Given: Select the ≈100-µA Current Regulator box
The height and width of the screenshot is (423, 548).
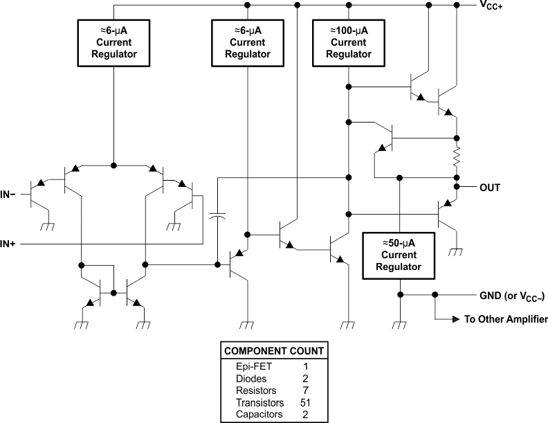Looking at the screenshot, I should [x=348, y=43].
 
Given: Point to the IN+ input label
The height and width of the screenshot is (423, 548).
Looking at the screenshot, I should [x=10, y=244].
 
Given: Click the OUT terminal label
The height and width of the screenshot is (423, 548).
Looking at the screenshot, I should [x=489, y=188].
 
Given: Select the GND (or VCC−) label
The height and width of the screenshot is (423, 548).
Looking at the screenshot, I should [x=512, y=296].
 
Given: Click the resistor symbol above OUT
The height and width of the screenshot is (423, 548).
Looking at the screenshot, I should [x=457, y=159].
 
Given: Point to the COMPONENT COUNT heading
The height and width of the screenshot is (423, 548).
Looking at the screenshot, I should [x=273, y=351].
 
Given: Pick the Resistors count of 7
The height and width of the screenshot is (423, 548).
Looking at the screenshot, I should [x=305, y=390].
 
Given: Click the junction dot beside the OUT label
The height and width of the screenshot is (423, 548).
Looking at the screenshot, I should [x=457, y=187].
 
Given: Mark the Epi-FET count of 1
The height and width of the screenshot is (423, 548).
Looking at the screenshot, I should [x=305, y=367].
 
